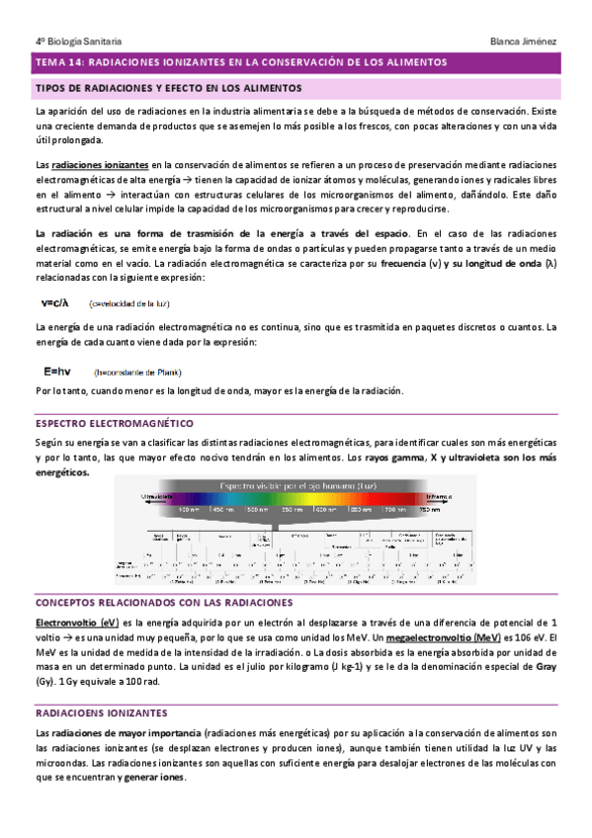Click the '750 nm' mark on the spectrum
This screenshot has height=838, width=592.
tap(429, 510)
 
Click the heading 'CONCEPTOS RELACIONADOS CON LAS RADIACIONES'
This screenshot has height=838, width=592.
tap(163, 602)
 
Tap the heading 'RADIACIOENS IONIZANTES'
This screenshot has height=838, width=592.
tap(101, 712)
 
